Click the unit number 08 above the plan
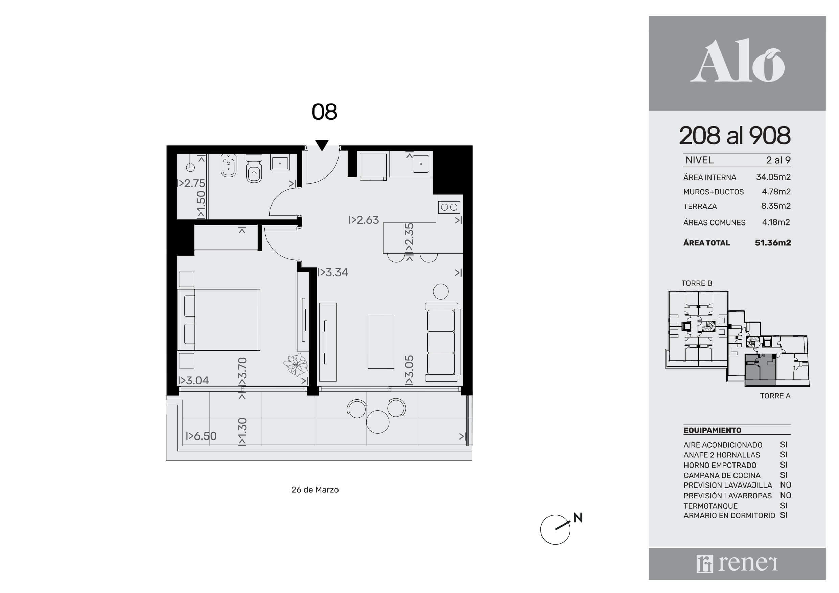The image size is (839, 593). (x=325, y=112)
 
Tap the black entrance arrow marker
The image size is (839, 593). (x=322, y=145)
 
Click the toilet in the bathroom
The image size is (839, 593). (x=254, y=169)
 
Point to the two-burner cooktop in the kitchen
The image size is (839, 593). (x=449, y=207)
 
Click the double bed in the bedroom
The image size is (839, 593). (x=218, y=320)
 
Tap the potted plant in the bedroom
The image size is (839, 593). (x=295, y=364)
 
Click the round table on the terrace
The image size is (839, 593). (x=377, y=422)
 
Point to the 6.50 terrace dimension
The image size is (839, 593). (x=202, y=436)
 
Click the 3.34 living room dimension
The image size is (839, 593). (x=333, y=272)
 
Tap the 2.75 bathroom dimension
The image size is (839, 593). (x=191, y=183)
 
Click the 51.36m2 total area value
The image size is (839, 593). (x=773, y=243)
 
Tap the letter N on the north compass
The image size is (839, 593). (x=578, y=518)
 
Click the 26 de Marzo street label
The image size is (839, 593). (x=315, y=490)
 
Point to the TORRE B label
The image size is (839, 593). (x=697, y=283)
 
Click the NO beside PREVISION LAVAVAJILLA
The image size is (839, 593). (x=785, y=485)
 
